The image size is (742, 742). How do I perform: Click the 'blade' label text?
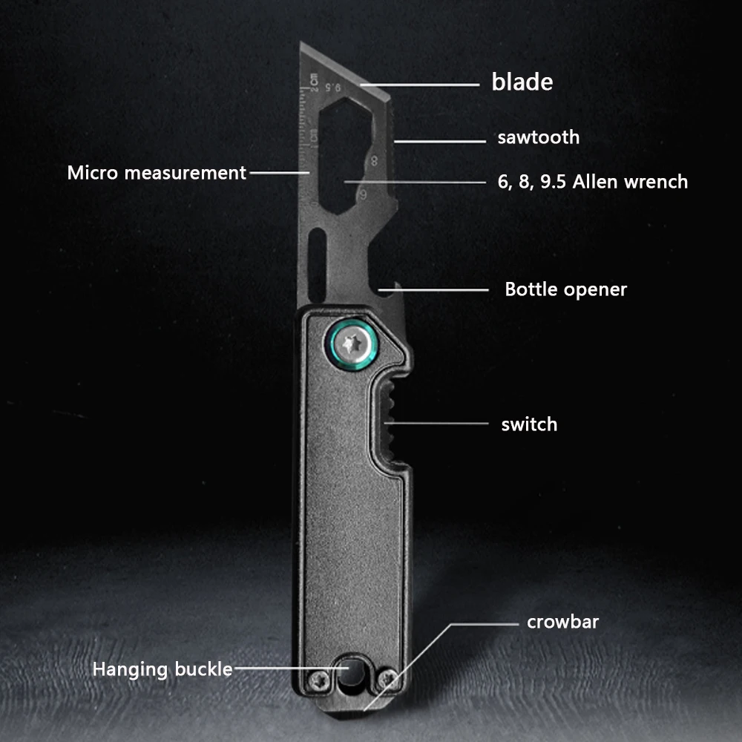(x=522, y=82)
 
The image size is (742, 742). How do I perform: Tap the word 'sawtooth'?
(x=539, y=137)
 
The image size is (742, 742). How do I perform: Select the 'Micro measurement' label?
(x=157, y=173)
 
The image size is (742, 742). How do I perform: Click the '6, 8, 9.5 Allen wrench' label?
(x=592, y=182)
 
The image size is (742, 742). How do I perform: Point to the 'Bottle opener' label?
(x=565, y=289)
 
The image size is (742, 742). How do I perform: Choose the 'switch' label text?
(x=529, y=424)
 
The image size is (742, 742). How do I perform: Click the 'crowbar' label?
(x=562, y=622)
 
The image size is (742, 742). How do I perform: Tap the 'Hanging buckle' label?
(x=162, y=669)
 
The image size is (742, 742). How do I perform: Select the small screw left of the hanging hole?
(x=319, y=680)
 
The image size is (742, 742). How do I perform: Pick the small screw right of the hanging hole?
(x=387, y=679)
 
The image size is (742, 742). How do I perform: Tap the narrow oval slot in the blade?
(x=317, y=264)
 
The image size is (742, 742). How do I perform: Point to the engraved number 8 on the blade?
(x=374, y=160)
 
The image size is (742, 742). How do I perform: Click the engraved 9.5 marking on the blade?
(x=333, y=88)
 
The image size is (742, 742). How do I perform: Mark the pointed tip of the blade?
(x=301, y=42)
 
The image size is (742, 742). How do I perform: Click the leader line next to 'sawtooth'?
(x=440, y=141)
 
